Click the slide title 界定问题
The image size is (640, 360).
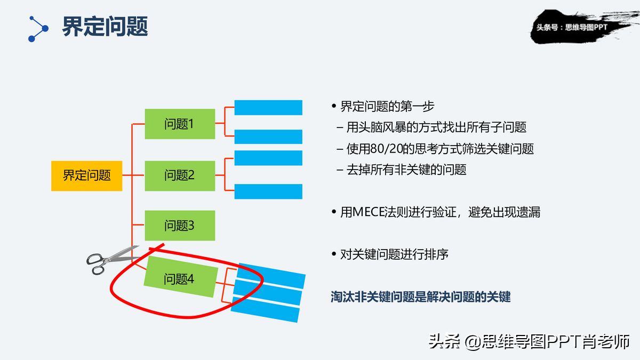click(x=105, y=26)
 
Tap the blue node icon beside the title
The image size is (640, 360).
click(x=38, y=29)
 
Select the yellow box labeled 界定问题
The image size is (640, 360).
click(x=87, y=175)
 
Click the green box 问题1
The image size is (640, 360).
click(x=180, y=124)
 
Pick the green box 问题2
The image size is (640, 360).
click(x=180, y=175)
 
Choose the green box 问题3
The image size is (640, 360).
click(x=180, y=226)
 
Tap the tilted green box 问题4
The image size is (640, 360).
click(x=181, y=277)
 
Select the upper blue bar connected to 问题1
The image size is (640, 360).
click(x=268, y=107)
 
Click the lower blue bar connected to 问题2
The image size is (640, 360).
click(x=268, y=191)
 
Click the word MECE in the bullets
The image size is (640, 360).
click(x=369, y=212)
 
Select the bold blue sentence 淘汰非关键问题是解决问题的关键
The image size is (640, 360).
click(x=421, y=297)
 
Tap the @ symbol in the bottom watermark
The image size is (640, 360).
click(x=472, y=342)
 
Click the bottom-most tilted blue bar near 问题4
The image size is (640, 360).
click(x=265, y=310)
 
